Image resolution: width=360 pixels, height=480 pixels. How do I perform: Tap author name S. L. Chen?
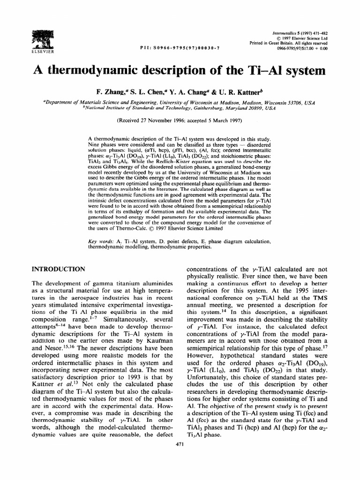pos(146,90)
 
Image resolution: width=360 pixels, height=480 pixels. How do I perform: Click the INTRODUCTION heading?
pos(58,269)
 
